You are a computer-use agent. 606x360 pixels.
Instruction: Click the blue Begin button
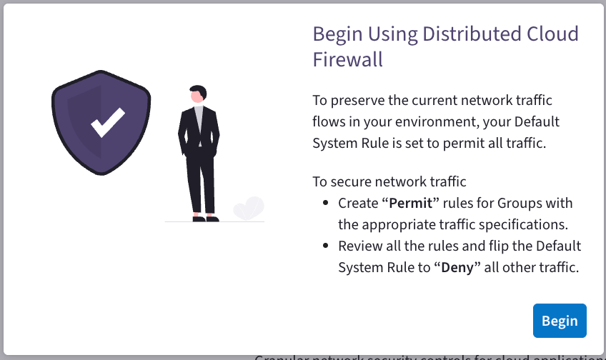coord(560,321)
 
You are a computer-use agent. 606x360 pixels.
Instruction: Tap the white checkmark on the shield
coord(107,122)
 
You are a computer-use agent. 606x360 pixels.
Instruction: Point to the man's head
coord(198,95)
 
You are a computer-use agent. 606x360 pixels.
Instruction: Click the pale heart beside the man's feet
coord(249,209)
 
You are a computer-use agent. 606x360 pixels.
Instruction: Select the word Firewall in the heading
coord(348,60)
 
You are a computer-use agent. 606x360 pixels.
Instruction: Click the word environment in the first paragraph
coord(435,121)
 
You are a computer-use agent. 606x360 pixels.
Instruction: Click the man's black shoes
coord(204,219)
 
